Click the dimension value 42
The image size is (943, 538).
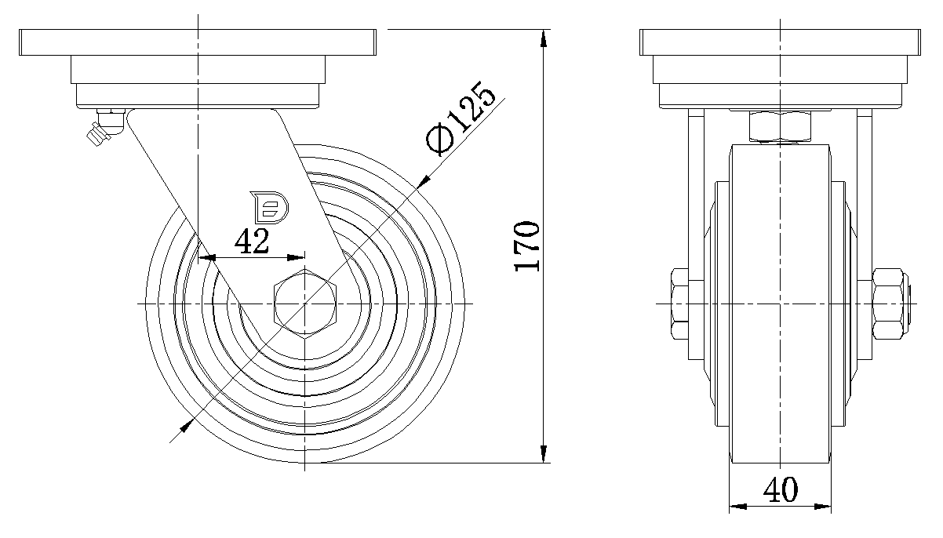(251, 242)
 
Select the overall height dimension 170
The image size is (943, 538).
(526, 245)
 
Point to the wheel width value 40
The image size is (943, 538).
(780, 489)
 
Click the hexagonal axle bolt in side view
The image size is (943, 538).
(305, 304)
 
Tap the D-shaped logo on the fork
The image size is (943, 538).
(269, 207)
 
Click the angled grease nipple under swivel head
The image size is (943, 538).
(104, 127)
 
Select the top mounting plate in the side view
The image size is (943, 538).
(197, 42)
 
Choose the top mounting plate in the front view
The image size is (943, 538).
(780, 42)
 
